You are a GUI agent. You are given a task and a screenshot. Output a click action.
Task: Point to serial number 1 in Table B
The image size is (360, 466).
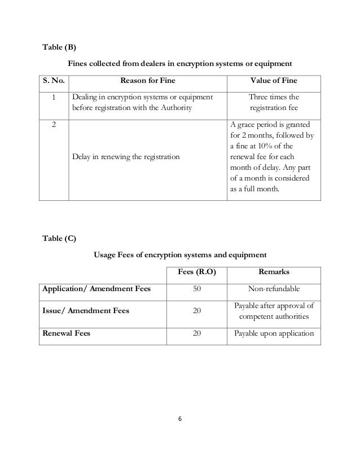(x=54, y=98)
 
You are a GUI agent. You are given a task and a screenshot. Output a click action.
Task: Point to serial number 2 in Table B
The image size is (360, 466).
(x=54, y=125)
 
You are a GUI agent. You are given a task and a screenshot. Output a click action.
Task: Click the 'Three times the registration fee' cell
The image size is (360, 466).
(x=274, y=103)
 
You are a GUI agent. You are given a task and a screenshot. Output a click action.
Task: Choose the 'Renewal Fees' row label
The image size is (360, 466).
(x=67, y=333)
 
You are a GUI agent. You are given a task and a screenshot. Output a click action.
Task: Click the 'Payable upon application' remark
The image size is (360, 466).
(x=274, y=333)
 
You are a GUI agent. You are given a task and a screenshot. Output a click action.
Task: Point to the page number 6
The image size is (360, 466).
(x=180, y=420)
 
